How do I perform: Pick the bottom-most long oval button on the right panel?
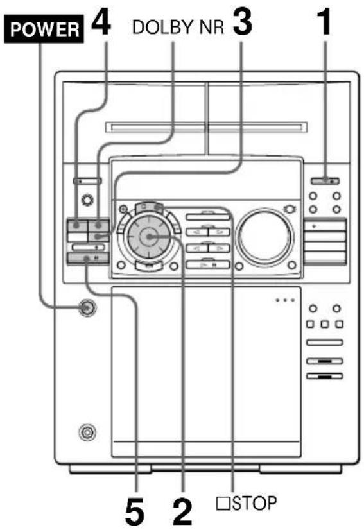click(x=324, y=375)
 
